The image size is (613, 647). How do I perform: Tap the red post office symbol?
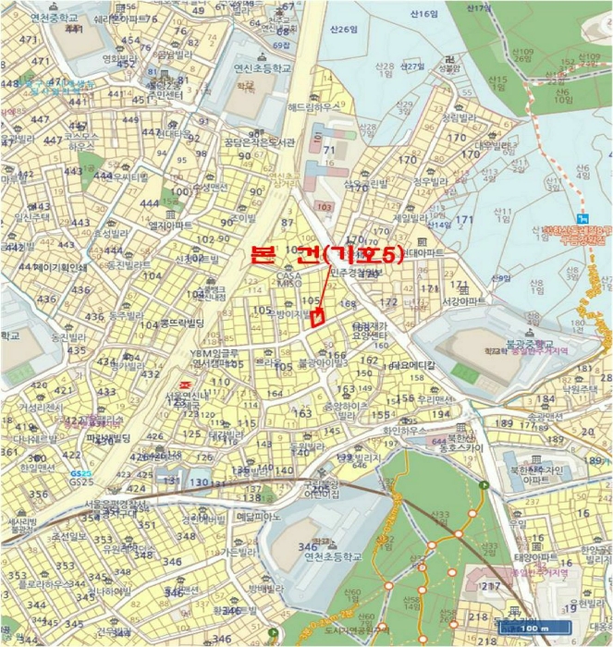coord(183,383)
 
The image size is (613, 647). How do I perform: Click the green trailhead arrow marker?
coord(484,484)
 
